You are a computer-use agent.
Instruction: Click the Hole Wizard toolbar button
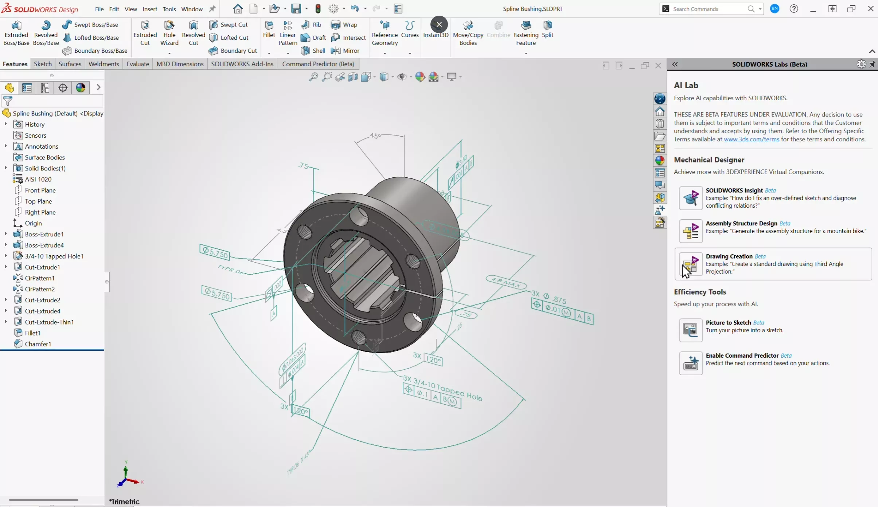[x=169, y=33]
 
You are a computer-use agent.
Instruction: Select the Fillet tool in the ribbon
[x=269, y=29]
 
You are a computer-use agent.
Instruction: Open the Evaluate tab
[x=138, y=64]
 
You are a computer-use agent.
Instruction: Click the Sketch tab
[x=43, y=64]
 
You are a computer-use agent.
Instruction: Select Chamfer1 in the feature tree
[x=38, y=344]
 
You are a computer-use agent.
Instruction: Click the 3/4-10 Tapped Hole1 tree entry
[x=54, y=256]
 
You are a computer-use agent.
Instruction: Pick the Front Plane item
[x=40, y=190]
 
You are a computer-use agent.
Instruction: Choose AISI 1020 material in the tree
[x=38, y=179]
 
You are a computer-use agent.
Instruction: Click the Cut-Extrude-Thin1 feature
[x=49, y=322]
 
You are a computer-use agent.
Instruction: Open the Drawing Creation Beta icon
[x=691, y=264]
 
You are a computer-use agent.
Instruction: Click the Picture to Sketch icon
[x=691, y=330]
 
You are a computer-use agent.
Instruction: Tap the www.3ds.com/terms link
[x=751, y=139]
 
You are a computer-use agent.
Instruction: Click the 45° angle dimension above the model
[x=375, y=136]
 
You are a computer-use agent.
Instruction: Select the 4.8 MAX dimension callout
[x=506, y=282]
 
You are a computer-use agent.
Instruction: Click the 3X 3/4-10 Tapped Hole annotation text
[x=442, y=388]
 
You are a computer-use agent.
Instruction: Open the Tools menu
[x=169, y=9]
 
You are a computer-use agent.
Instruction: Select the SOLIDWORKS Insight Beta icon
[x=691, y=198]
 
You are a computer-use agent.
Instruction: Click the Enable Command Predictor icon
[x=691, y=363]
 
